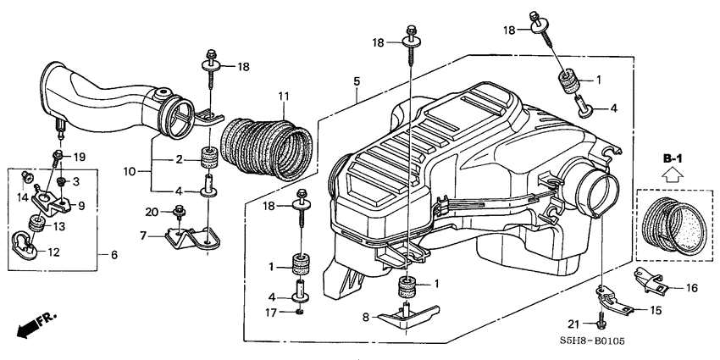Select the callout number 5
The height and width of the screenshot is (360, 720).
coord(357,81)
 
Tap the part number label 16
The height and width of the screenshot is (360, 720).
coord(691,288)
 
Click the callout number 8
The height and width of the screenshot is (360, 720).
coord(367,317)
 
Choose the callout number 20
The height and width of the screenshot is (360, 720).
coord(152,212)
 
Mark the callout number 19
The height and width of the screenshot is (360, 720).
coord(79,158)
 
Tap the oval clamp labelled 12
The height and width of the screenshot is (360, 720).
coord(25,247)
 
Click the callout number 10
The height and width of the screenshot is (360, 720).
coord(130,171)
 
